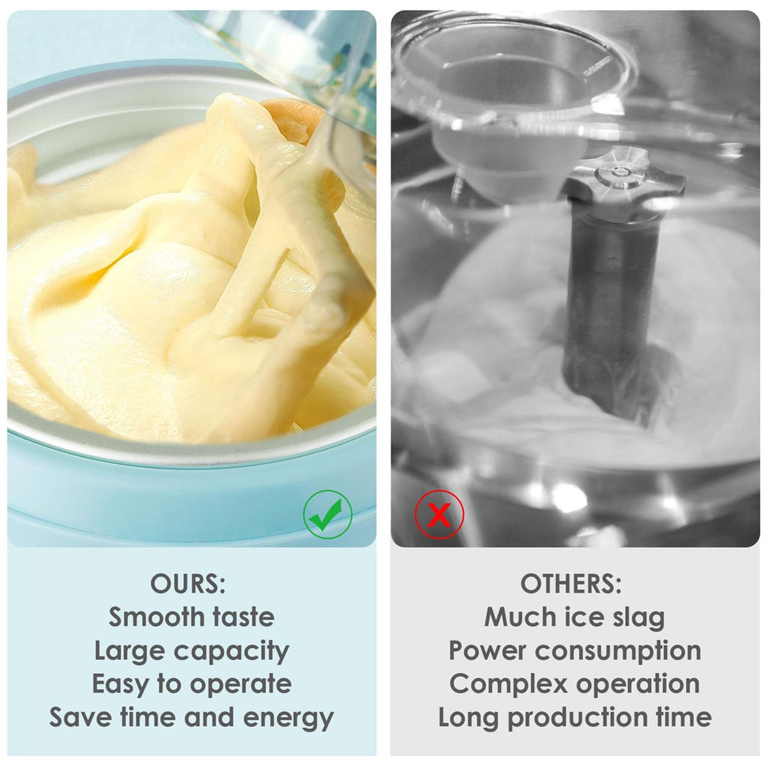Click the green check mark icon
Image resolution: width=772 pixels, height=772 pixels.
pyautogui.click(x=327, y=514)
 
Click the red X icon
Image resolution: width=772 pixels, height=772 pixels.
pyautogui.click(x=440, y=514)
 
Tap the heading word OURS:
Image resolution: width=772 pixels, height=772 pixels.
pyautogui.click(x=188, y=584)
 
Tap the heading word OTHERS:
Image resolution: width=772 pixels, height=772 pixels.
pyautogui.click(x=571, y=584)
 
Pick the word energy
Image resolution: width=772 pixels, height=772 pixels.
pyautogui.click(x=288, y=719)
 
